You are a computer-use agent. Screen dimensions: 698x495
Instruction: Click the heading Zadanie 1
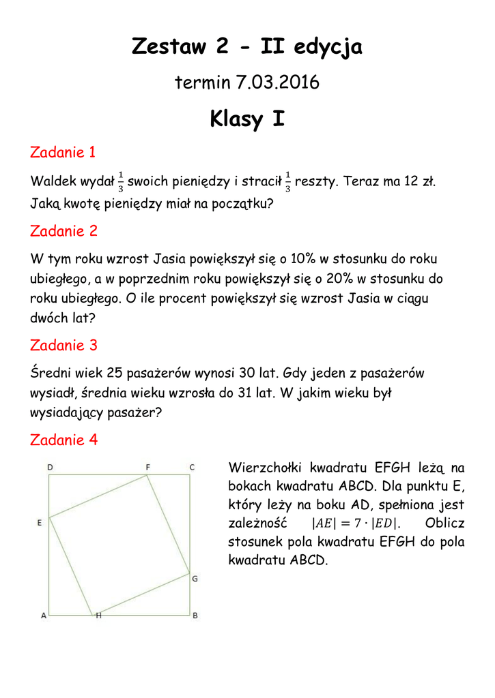(x=63, y=152)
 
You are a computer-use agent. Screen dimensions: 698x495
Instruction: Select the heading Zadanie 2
(x=63, y=231)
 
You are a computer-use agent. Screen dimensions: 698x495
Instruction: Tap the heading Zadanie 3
(x=63, y=345)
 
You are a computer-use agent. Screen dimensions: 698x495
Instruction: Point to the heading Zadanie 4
(x=63, y=440)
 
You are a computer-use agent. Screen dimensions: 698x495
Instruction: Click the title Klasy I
(x=247, y=119)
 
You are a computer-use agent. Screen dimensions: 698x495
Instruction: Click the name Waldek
(x=54, y=182)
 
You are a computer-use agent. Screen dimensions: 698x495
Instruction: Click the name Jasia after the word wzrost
(x=173, y=259)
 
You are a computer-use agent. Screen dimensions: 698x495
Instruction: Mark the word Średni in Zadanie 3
(x=51, y=373)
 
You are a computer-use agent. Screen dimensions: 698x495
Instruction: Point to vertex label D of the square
(x=50, y=467)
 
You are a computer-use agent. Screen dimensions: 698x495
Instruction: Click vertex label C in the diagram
(x=192, y=467)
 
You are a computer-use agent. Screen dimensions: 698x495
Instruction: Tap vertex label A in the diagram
(x=44, y=616)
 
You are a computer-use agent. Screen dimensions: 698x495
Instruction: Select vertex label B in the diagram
(x=195, y=616)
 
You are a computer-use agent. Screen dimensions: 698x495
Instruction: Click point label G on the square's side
(x=195, y=579)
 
